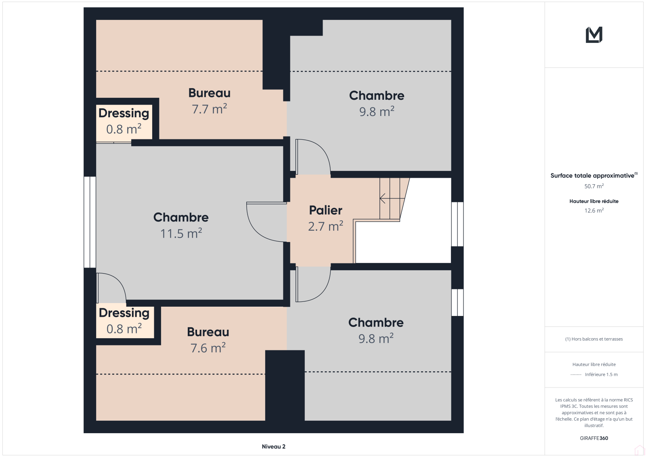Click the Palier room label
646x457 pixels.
[325, 210]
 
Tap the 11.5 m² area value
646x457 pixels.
[181, 234]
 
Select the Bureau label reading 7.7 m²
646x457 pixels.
[210, 93]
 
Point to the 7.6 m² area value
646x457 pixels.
[208, 348]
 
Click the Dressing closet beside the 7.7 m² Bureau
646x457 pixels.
[124, 122]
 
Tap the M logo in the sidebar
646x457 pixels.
[594, 35]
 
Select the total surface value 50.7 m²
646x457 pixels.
[594, 186]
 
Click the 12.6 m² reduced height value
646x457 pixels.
[594, 211]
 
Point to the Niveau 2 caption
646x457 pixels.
[274, 446]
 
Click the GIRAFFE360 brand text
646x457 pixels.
[594, 438]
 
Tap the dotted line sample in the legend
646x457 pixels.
[576, 375]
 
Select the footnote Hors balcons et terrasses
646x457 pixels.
[594, 339]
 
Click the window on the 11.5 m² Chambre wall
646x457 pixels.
[90, 222]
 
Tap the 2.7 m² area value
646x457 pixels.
[325, 226]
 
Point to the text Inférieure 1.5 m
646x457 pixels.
[601, 375]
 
